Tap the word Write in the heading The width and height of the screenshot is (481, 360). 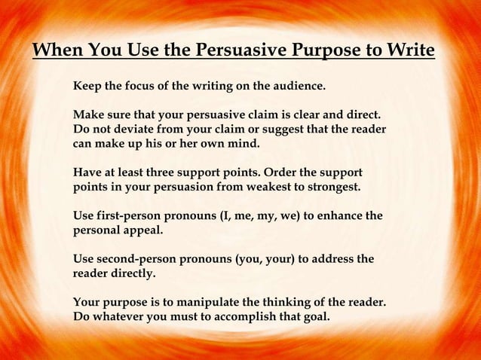coord(408,52)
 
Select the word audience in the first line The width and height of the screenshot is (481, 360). coord(296,87)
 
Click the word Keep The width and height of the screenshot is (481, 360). coord(87,87)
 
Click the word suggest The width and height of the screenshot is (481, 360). coord(275,130)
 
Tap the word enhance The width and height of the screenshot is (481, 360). coord(340,217)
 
